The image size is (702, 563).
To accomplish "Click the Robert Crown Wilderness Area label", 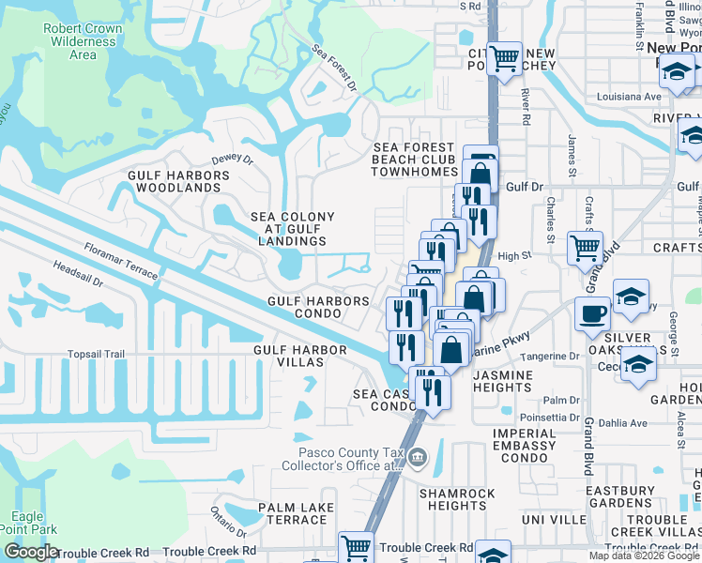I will point(83,41).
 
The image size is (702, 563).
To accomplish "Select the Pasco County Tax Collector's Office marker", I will point(419,459).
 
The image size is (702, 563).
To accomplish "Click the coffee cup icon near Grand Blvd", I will point(592,313).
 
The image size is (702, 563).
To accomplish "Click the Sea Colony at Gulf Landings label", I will point(292,229).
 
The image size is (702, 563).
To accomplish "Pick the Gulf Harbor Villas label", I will point(300,357).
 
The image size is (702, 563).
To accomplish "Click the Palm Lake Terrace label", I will point(293,513).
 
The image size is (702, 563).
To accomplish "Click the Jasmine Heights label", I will point(502,381).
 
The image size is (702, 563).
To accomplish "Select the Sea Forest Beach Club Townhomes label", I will point(414,160).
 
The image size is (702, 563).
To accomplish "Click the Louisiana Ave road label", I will point(629,97).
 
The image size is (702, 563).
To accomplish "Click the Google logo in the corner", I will point(31,552).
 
